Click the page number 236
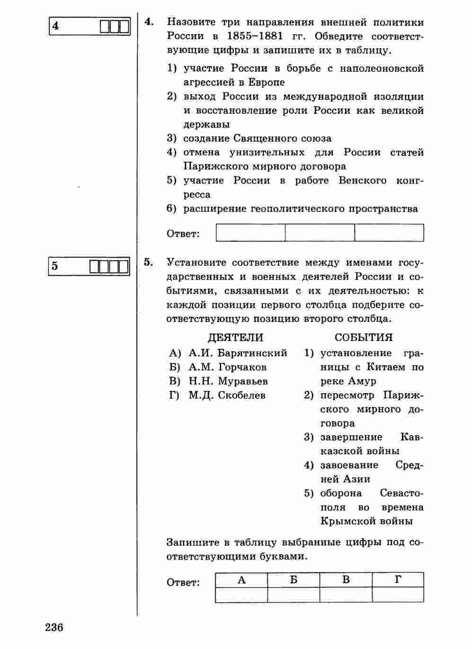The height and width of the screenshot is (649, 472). [54, 628]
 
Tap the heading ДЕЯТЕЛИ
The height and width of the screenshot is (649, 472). [235, 338]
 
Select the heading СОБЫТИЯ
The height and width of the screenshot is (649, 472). [364, 338]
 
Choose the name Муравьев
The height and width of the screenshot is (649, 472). [242, 381]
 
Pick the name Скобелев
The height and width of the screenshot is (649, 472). [241, 396]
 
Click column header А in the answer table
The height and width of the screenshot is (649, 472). [241, 580]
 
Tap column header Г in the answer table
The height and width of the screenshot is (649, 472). [398, 580]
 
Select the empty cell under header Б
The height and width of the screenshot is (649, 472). [294, 595]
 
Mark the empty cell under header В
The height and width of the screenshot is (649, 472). [346, 595]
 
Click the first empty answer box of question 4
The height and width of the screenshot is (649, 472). [250, 233]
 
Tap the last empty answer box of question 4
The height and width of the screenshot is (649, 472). [389, 233]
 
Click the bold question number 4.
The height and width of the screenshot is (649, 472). [149, 22]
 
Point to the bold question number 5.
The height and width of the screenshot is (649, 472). [149, 262]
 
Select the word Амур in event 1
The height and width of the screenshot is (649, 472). [362, 381]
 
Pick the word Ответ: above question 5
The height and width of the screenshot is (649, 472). [183, 234]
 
